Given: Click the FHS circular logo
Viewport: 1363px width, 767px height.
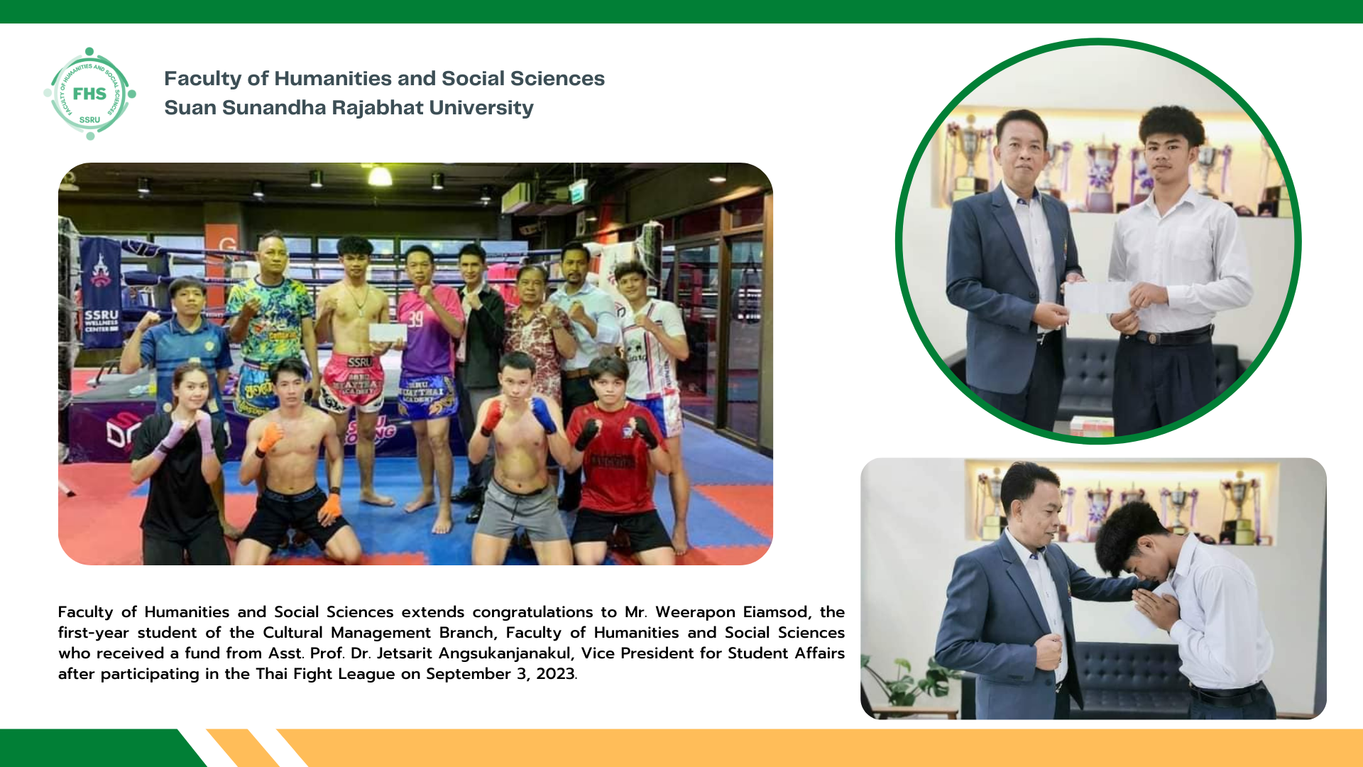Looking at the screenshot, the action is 89,94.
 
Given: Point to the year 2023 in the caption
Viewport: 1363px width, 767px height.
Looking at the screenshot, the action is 557,674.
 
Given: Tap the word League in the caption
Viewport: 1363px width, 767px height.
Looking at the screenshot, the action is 366,674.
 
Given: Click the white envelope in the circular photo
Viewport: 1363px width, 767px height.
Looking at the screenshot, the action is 1097,298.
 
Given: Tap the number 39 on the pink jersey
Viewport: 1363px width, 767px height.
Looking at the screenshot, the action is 415,319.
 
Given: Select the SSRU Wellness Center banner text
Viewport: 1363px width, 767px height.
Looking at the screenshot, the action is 101,321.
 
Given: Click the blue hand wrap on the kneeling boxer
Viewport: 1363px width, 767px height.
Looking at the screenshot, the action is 544,415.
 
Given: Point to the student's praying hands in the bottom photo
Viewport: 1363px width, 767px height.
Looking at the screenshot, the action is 1156,611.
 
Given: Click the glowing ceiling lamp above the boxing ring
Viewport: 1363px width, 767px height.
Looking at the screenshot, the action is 380,175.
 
